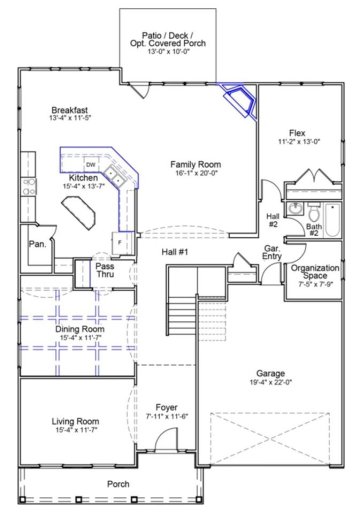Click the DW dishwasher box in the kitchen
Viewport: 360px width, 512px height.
(x=90, y=164)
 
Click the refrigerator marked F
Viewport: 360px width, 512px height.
(x=120, y=243)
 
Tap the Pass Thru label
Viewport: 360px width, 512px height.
(x=105, y=270)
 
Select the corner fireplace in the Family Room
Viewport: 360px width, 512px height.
(x=241, y=100)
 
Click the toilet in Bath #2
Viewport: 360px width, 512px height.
(x=311, y=214)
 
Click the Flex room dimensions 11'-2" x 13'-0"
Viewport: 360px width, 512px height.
(x=297, y=142)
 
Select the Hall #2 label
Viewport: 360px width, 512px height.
(x=273, y=219)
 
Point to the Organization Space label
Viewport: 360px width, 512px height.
(x=315, y=273)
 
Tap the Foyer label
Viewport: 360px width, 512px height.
(x=167, y=406)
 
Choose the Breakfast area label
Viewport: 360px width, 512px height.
(x=70, y=111)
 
